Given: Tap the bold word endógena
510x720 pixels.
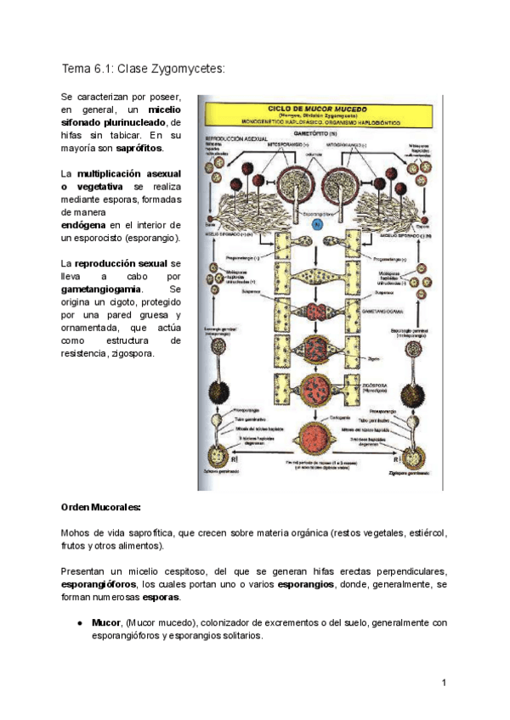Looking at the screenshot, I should (84, 224).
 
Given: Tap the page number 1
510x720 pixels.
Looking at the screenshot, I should (445, 682).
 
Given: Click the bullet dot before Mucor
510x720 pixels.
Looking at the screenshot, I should (78, 622).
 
